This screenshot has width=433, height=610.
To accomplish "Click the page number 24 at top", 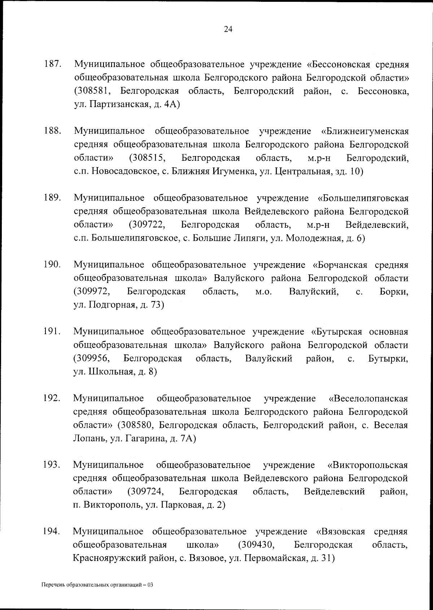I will click(228, 29).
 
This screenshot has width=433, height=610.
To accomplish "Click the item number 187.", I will click(52, 65).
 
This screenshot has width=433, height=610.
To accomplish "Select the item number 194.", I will click(52, 531).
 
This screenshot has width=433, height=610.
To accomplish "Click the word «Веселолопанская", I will click(368, 399).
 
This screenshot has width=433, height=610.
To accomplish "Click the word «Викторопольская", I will click(367, 465).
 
